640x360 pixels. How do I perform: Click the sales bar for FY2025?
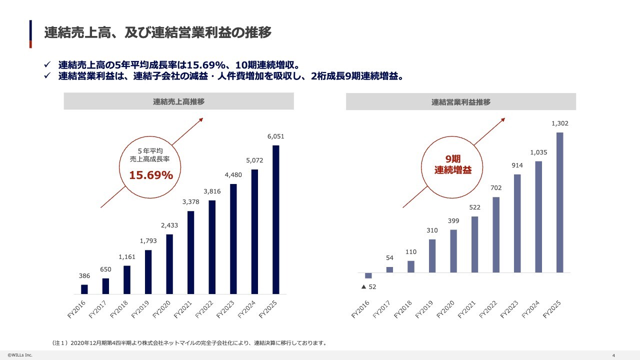coord(276,219)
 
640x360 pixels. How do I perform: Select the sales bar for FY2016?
coord(84,289)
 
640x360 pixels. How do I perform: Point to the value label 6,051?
coord(276,136)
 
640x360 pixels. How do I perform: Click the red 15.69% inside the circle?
coord(151,175)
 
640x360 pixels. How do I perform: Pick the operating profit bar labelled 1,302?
coord(560,202)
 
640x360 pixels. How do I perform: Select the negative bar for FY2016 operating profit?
coord(368,275)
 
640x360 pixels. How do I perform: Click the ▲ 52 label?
coord(368,287)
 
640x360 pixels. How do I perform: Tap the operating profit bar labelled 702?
coord(496,234)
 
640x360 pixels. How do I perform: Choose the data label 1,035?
coord(539,152)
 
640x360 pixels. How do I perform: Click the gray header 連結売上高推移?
coord(178,101)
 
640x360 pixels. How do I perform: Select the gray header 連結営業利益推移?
coord(461,102)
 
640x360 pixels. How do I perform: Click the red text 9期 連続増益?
coord(453,164)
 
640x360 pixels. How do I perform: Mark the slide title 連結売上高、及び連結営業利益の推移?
coord(157,33)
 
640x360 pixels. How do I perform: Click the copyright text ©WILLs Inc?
coord(19,355)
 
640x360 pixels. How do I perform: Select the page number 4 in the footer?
coord(613,355)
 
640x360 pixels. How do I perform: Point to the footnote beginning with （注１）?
coord(189,343)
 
